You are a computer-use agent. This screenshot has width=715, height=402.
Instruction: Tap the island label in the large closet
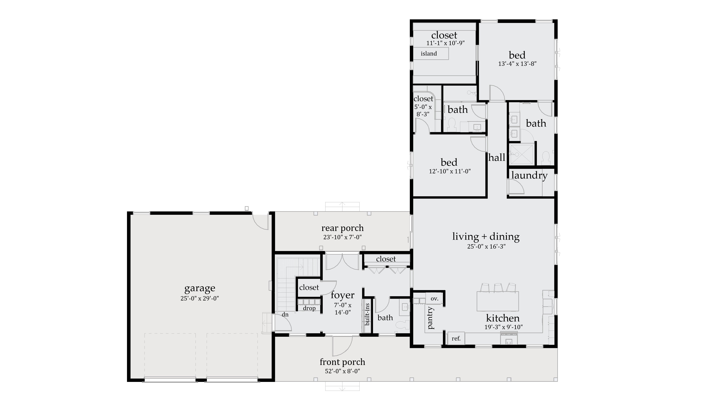[x=429, y=54]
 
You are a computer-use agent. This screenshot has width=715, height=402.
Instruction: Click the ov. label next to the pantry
[x=434, y=299]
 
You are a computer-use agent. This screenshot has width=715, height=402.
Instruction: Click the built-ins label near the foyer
[x=367, y=314]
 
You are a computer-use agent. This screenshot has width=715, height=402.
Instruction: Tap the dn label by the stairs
[x=285, y=315]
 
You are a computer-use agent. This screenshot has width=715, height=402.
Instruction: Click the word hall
[x=497, y=158]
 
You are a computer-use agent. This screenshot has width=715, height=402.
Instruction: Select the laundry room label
[x=529, y=175]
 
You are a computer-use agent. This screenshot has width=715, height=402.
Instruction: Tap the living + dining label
[x=486, y=236]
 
